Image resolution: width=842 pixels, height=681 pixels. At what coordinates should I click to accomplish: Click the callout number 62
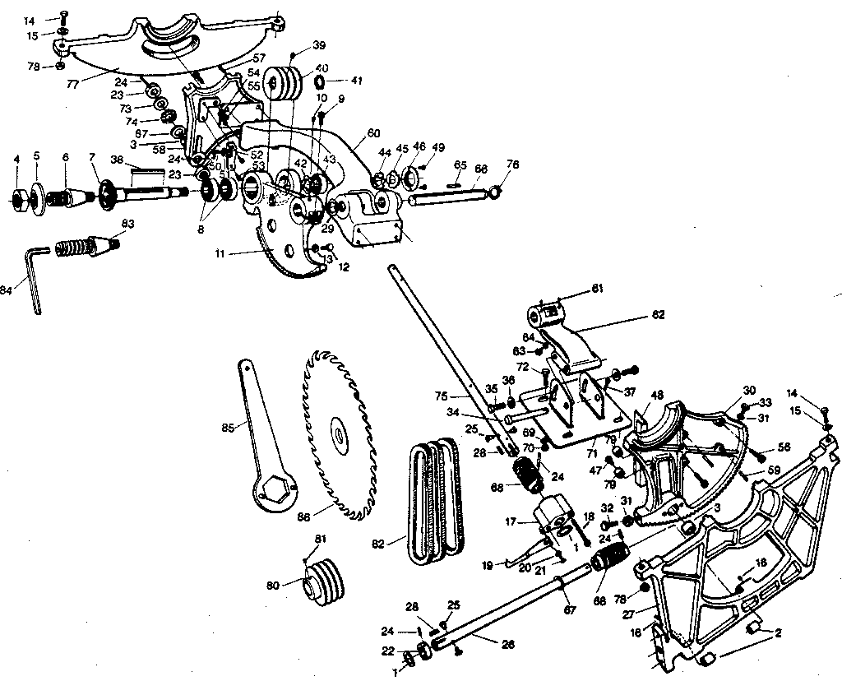659,314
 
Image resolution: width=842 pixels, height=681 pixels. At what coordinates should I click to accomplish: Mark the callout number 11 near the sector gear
220,255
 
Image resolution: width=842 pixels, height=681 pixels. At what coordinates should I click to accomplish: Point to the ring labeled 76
493,192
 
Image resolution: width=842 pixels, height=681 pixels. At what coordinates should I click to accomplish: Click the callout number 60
373,132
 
